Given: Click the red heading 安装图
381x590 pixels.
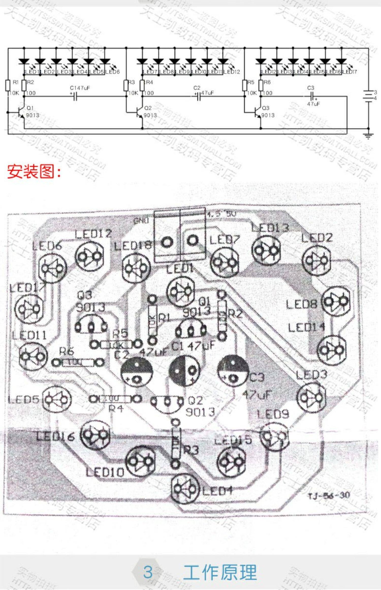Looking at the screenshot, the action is click(34, 172).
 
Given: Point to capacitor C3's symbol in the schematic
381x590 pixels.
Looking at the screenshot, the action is click(312, 96).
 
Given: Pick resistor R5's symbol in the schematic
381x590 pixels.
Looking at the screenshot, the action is click(245, 85).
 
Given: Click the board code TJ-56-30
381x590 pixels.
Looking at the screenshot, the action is click(329, 495).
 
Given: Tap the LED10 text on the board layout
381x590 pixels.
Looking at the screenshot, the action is click(105, 472).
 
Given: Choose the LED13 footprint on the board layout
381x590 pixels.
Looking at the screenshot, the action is click(265, 250).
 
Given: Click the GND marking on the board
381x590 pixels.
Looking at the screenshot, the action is click(141, 221).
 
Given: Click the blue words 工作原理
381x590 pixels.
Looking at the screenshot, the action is click(220, 572).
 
